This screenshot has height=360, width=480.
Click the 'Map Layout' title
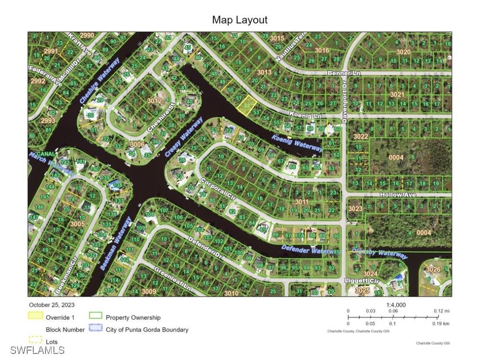click(240, 20)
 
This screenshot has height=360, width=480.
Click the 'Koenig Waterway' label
click(297, 142)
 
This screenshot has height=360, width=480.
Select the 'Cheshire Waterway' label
click(100, 81)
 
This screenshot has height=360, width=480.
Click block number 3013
click(264, 72)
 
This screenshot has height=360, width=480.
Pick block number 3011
click(302, 202)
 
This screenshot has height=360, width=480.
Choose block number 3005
click(77, 224)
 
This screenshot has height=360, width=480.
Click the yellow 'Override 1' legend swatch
click(36, 316)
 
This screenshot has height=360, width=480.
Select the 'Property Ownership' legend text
click(133, 317)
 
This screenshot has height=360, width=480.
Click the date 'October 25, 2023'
click(52, 305)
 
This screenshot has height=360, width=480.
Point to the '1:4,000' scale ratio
click(396, 305)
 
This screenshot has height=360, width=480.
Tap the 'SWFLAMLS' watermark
click(37, 350)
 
